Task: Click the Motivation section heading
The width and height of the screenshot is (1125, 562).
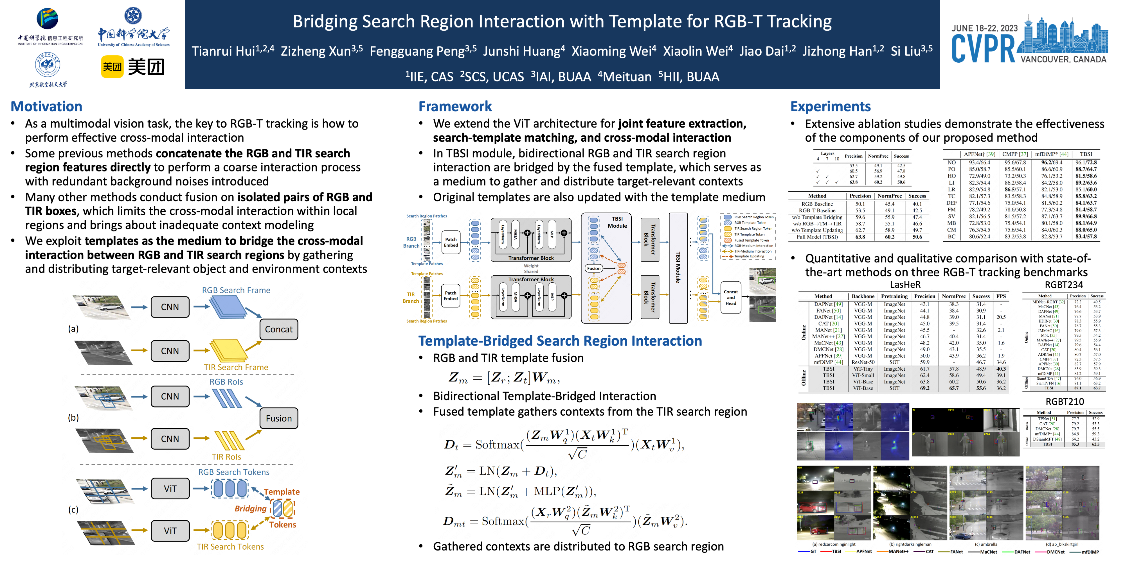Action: [46, 106]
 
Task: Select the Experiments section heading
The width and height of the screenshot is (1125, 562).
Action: [830, 106]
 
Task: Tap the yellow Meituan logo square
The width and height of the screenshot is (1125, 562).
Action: [112, 67]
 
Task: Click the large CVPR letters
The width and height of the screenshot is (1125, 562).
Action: [983, 49]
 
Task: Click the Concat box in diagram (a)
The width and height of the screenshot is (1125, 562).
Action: [279, 329]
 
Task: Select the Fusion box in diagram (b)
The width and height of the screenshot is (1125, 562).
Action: [279, 418]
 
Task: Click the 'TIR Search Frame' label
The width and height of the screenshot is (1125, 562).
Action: [236, 367]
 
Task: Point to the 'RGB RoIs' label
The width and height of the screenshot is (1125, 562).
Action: [226, 382]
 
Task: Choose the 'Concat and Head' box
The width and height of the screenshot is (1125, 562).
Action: [731, 298]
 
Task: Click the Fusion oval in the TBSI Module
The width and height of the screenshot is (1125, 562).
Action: [593, 268]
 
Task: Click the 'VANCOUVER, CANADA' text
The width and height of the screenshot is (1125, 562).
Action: [1063, 59]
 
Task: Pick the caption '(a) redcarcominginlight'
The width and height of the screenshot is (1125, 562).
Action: [833, 544]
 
